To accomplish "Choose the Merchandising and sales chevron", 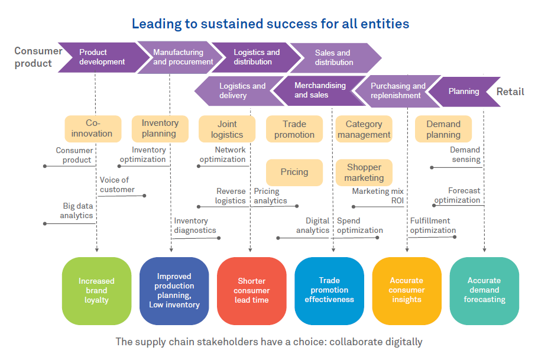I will pyautogui.click(x=320, y=90).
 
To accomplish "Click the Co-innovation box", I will pyautogui.click(x=92, y=129).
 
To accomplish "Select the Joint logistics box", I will pyautogui.click(x=227, y=129).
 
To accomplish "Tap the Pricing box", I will pyautogui.click(x=294, y=172).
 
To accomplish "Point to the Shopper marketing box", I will pyautogui.click(x=364, y=173).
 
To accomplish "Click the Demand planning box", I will pyautogui.click(x=443, y=129).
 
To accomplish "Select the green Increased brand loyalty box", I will pyautogui.click(x=96, y=291).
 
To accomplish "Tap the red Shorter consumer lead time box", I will pyautogui.click(x=251, y=291).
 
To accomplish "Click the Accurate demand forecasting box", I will pyautogui.click(x=484, y=290).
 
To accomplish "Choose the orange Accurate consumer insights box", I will pyautogui.click(x=407, y=290).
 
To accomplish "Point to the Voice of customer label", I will pyautogui.click(x=115, y=185).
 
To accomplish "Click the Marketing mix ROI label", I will pyautogui.click(x=378, y=196).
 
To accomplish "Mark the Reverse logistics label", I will pyautogui.click(x=231, y=196).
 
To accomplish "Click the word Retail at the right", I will pyautogui.click(x=510, y=92).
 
